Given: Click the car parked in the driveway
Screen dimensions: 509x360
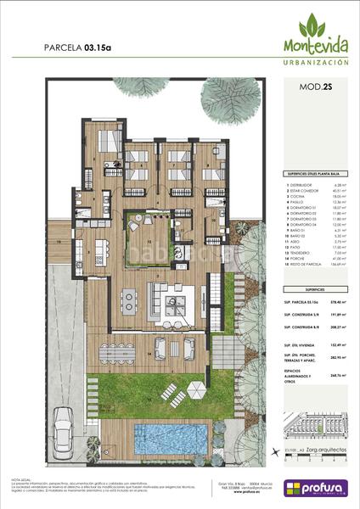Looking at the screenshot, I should point(65,429).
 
